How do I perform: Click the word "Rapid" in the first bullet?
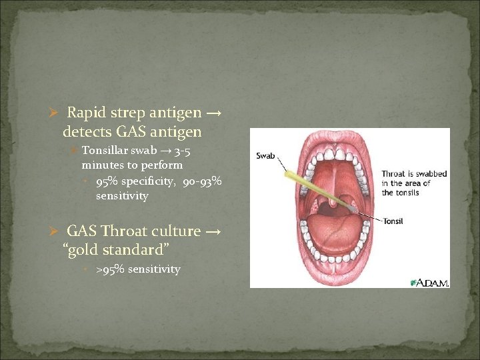coord(85,114)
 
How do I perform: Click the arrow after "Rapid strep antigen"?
coord(214,114)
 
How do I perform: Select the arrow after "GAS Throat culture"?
coord(214,231)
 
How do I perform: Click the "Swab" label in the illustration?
coord(265,156)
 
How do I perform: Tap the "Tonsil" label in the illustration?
coord(394,221)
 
